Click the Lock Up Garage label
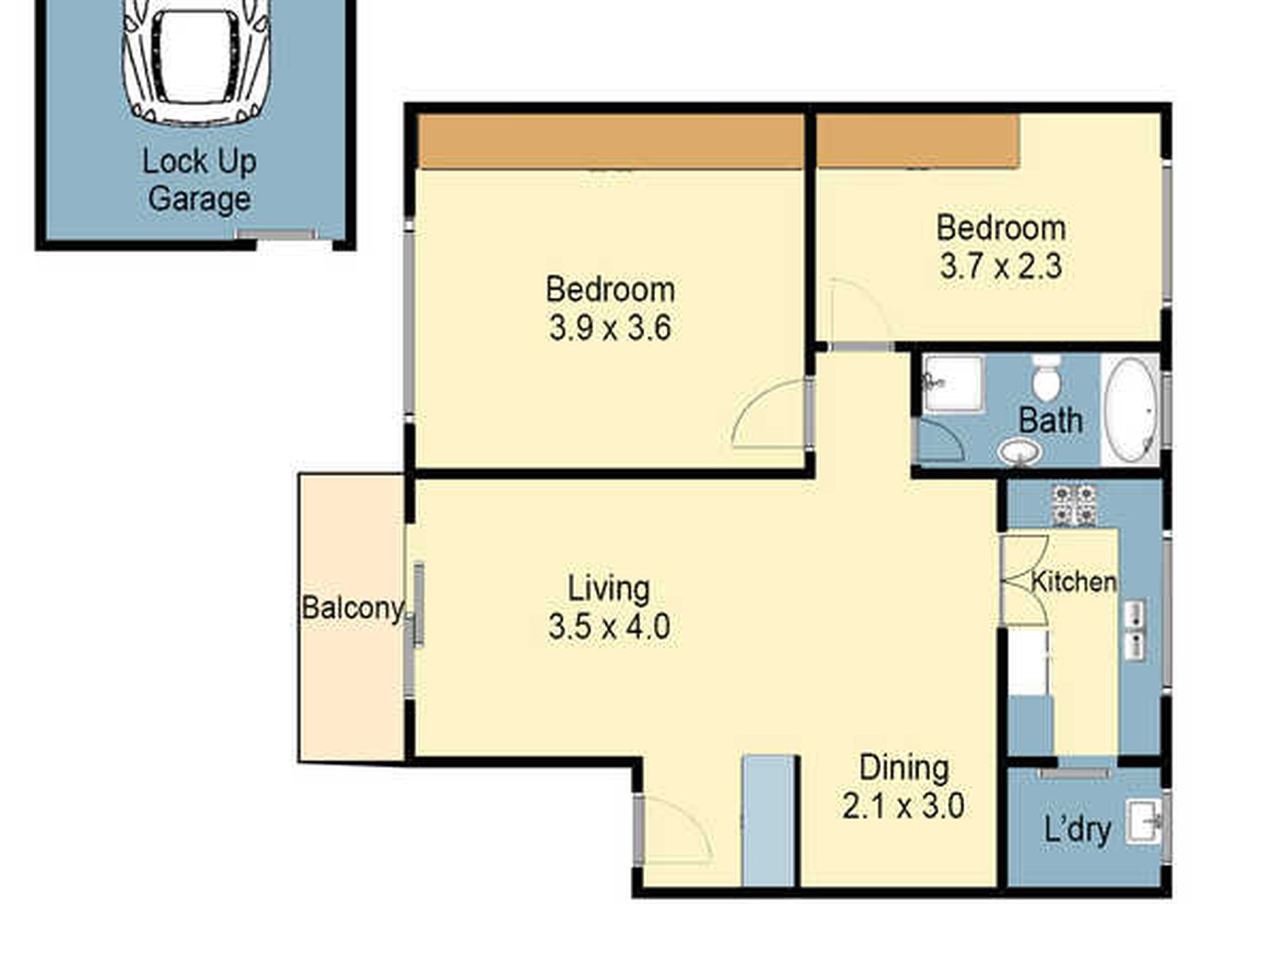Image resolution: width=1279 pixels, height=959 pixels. point(199,180)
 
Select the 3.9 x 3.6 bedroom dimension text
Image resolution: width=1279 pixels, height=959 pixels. point(610,329)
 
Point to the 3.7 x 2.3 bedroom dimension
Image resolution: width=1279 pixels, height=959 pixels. point(1000,267)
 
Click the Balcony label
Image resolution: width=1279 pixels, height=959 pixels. point(352,608)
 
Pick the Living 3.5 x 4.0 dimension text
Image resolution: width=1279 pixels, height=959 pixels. point(609,627)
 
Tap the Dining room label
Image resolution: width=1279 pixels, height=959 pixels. point(904,768)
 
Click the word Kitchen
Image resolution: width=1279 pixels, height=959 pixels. point(1074,582)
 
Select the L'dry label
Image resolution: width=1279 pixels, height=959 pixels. point(1077,829)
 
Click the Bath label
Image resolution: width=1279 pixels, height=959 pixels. point(1050,421)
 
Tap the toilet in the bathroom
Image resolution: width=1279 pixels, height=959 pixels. point(1046,378)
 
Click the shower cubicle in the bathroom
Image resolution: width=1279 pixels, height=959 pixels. point(953,384)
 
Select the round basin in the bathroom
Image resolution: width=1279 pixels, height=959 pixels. point(1019,452)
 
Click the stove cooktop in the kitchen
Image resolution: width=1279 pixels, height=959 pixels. point(1074,505)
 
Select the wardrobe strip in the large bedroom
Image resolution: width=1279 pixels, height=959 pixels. point(611,141)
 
